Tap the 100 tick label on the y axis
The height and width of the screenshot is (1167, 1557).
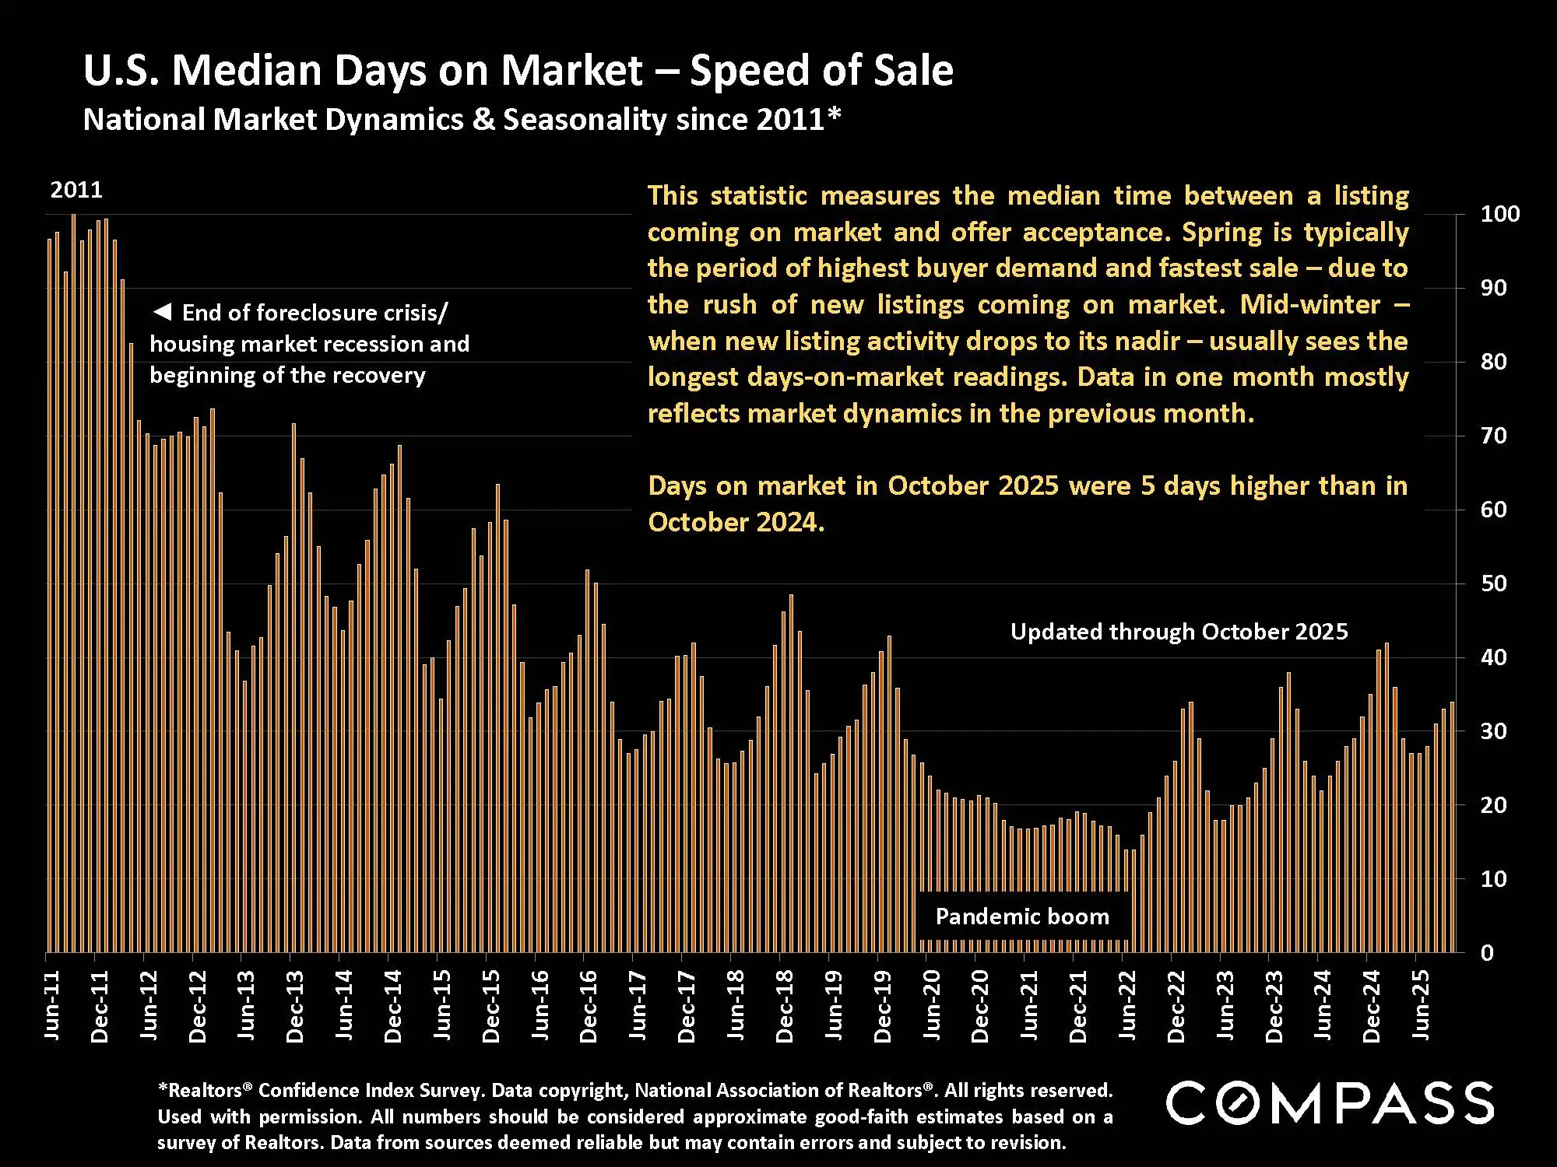(1499, 214)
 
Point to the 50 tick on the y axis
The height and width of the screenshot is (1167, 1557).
(1493, 583)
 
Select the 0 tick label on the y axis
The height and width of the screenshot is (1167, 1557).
(1487, 953)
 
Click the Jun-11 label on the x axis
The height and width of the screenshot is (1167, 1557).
(51, 1005)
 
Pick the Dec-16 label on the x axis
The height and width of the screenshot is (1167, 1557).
(589, 1005)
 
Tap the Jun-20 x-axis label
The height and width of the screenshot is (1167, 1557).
(932, 1005)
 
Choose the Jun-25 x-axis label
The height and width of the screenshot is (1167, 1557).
(1422, 1005)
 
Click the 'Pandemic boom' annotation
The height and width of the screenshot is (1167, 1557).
(1022, 916)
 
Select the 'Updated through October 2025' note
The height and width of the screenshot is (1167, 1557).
(1179, 632)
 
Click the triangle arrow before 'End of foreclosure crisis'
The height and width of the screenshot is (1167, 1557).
(162, 312)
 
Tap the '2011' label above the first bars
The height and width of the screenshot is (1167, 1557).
(76, 190)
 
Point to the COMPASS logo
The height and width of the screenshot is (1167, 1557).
(1330, 1102)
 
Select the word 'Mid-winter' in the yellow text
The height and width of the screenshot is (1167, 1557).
(1310, 304)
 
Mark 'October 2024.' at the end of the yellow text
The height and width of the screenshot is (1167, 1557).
(736, 522)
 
